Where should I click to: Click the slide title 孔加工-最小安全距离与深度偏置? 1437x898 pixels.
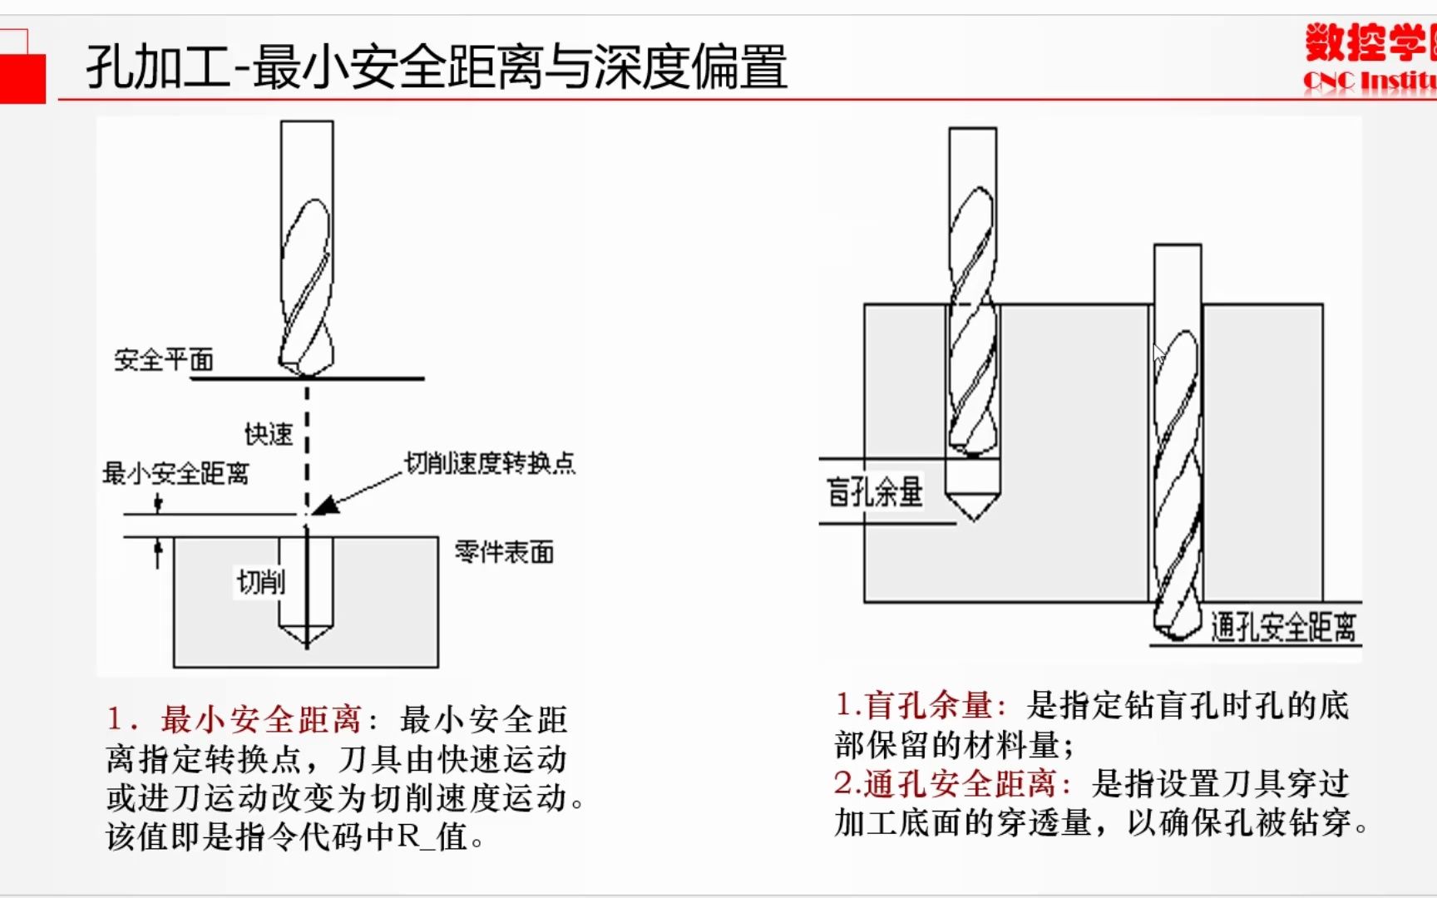[x=436, y=67]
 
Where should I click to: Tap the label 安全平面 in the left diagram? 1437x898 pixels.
[x=164, y=360]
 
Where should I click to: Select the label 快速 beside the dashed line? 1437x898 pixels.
[x=269, y=434]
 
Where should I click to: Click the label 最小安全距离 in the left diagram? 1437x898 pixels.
[x=175, y=474]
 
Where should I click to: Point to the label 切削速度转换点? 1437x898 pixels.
[x=490, y=463]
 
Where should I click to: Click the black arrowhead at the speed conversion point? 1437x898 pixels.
[x=325, y=505]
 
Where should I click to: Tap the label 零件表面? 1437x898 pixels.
[x=504, y=552]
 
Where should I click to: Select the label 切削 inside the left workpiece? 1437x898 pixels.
[x=260, y=581]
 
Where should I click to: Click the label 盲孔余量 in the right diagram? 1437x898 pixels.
[x=874, y=491]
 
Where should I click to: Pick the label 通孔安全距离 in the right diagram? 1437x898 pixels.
[x=1283, y=627]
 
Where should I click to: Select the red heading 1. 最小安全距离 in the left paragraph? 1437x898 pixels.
[x=235, y=719]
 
